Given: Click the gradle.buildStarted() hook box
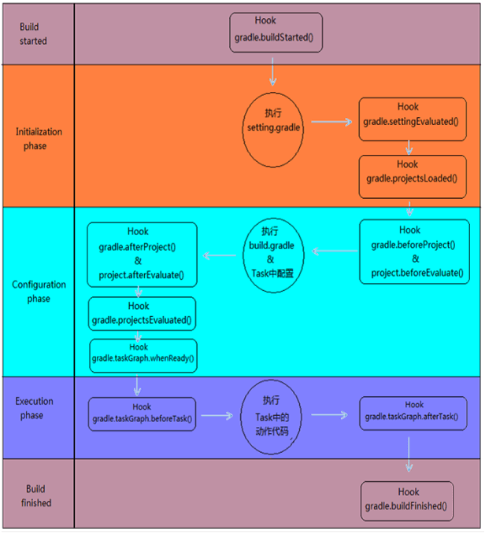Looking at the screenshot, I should (x=276, y=32).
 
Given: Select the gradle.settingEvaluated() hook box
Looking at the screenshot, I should (x=410, y=116).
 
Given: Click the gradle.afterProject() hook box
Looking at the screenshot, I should (x=142, y=254).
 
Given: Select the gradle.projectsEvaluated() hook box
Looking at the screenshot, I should (x=142, y=314).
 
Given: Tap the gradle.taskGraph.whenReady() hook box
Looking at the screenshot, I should (x=142, y=356).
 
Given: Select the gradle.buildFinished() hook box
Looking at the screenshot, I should (x=408, y=501).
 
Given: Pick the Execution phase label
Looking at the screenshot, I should (x=35, y=408).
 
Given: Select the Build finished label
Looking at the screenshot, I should (x=35, y=496).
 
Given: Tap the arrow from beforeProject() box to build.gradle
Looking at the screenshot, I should (x=334, y=252).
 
